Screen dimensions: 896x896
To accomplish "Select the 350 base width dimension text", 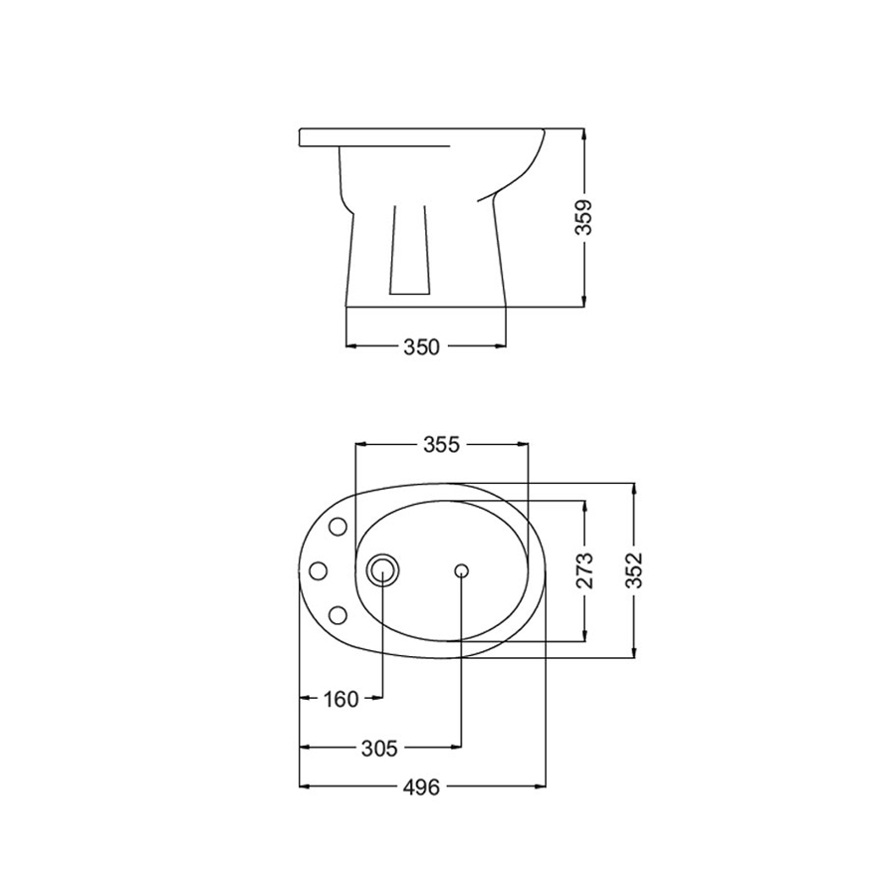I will pyautogui.click(x=421, y=346).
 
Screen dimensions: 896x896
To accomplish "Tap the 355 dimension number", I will pyautogui.click(x=441, y=444).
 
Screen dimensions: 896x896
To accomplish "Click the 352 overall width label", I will pyautogui.click(x=634, y=570).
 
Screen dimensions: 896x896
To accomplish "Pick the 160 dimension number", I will pyautogui.click(x=340, y=700).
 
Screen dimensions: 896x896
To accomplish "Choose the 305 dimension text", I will pyautogui.click(x=379, y=748).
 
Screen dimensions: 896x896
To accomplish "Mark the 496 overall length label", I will pyautogui.click(x=422, y=787).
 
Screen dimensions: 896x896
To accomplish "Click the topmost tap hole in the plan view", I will pyautogui.click(x=337, y=526).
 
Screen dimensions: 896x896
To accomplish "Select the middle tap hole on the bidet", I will pyautogui.click(x=320, y=570).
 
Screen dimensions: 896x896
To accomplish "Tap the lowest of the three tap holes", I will pyautogui.click(x=337, y=614).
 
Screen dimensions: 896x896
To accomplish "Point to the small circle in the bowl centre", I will pyautogui.click(x=461, y=570).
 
